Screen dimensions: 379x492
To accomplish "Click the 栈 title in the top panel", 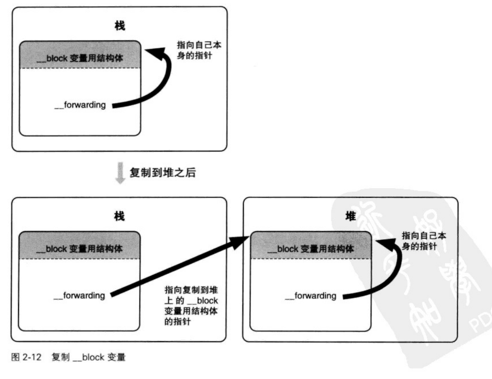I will [x=120, y=26].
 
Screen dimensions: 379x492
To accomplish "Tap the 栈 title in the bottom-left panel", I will [x=119, y=216].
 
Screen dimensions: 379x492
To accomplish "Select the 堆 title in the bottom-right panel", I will [x=351, y=216].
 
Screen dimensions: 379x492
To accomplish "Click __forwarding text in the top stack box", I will [x=80, y=105].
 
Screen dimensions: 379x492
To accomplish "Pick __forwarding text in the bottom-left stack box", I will [x=79, y=295].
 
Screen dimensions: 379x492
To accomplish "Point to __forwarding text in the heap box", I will [x=311, y=296].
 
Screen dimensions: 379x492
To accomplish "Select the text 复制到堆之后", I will [x=163, y=172].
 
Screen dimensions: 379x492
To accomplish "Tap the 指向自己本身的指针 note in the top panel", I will [x=199, y=50].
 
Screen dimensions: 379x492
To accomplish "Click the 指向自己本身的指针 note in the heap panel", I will [x=424, y=241].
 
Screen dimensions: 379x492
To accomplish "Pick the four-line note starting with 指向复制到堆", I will [x=191, y=306].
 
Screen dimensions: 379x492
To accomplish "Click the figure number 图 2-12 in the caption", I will [x=26, y=357].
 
